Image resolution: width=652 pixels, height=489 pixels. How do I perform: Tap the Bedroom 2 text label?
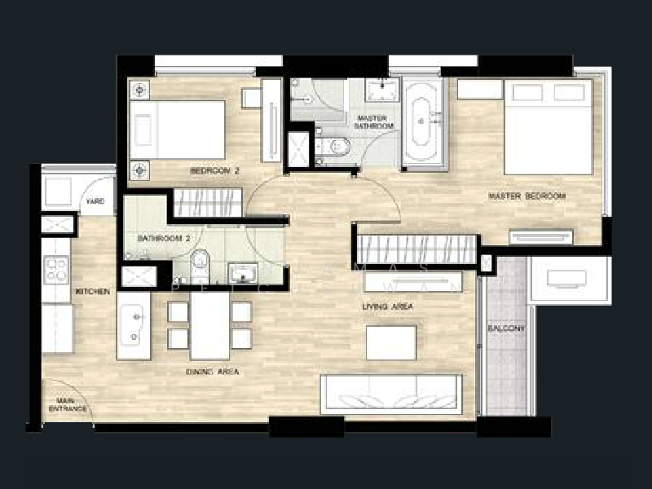click(x=214, y=171)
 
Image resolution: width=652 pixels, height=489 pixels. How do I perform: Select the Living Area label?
click(x=387, y=307)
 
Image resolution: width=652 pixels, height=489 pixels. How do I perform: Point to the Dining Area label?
click(x=211, y=372)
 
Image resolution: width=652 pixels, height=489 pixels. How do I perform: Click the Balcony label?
click(x=506, y=328)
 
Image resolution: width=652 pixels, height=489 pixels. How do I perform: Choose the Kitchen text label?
click(x=93, y=291)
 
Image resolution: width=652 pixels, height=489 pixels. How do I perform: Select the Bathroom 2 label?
click(x=164, y=239)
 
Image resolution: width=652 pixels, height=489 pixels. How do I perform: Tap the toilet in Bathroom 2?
click(x=200, y=266)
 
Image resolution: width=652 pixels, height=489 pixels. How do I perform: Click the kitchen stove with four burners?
click(x=56, y=268)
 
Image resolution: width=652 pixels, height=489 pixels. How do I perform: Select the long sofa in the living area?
click(x=390, y=394)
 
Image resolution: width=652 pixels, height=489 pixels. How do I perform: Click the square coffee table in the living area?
click(x=390, y=341)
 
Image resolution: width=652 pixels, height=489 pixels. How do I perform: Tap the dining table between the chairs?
click(x=209, y=324)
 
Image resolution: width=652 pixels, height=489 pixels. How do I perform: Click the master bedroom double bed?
click(x=548, y=126)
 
